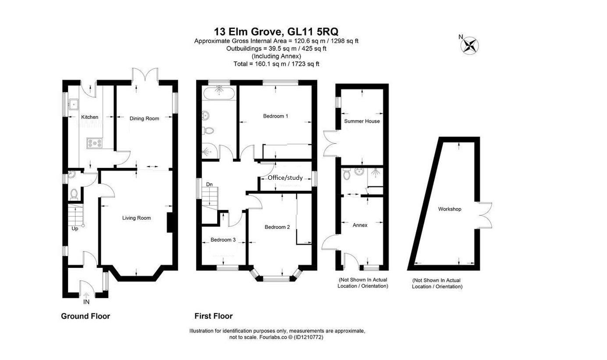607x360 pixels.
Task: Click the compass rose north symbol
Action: (470, 45)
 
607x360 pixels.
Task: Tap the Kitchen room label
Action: (89, 117)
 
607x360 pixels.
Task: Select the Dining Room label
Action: (144, 118)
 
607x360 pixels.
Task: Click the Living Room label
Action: (136, 218)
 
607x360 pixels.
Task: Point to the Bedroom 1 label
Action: (275, 116)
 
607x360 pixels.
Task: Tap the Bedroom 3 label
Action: (223, 240)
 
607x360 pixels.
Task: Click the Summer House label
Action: (362, 121)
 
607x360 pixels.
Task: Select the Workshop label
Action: (450, 209)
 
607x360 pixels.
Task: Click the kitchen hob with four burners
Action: (95, 143)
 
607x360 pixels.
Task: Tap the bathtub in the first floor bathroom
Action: (218, 93)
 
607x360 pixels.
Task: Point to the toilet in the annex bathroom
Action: (347, 175)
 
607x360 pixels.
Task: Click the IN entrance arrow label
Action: (86, 302)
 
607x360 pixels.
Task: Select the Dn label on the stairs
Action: (210, 185)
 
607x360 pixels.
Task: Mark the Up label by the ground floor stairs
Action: (75, 228)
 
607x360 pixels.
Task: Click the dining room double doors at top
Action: (145, 75)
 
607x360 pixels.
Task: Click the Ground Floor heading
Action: (85, 316)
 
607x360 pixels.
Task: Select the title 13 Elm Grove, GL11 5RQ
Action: (276, 32)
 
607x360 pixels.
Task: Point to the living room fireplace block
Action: (170, 222)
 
